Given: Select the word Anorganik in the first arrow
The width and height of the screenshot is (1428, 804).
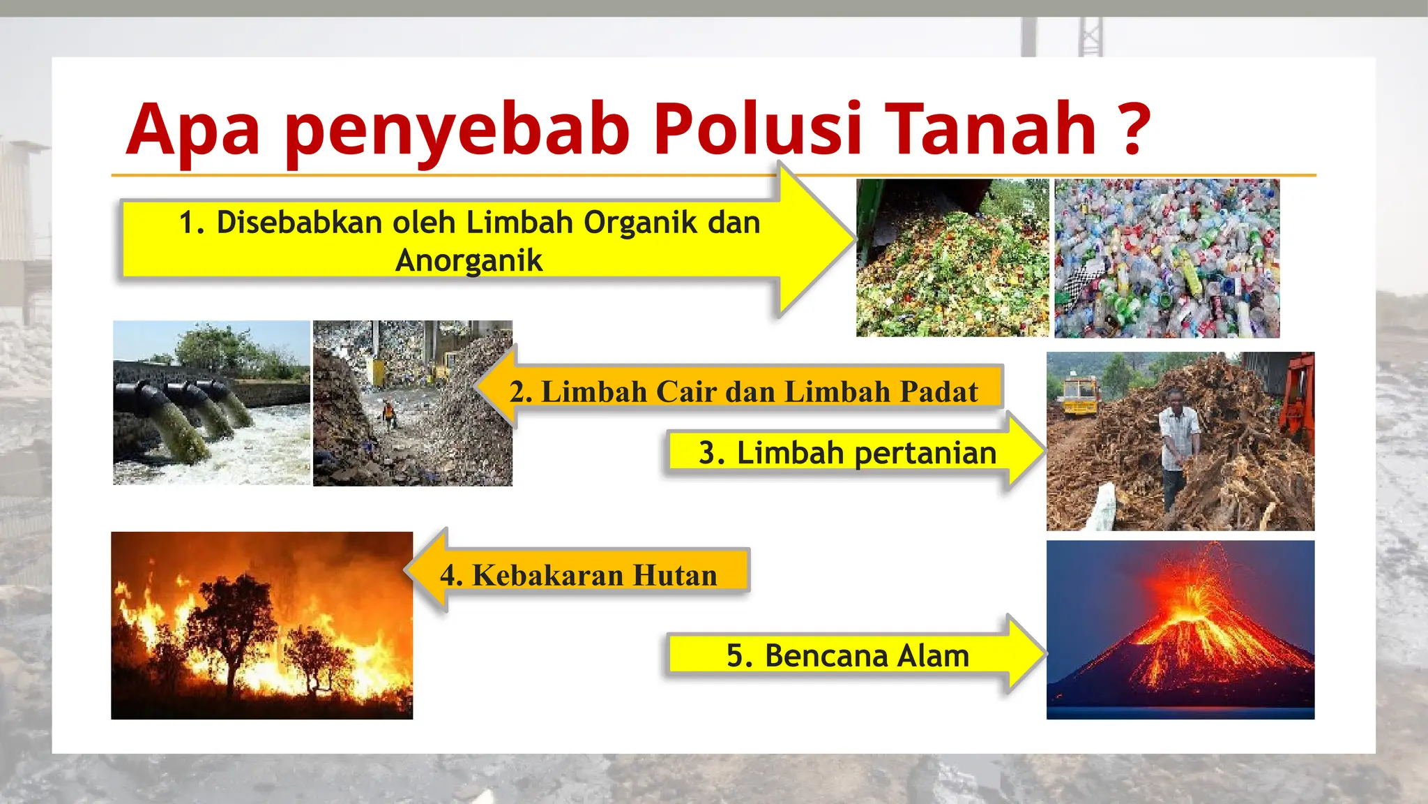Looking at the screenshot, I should pyautogui.click(x=469, y=260).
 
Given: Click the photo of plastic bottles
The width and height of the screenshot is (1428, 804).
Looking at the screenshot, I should pyautogui.click(x=1167, y=258).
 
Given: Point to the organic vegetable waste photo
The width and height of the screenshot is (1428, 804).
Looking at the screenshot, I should pyautogui.click(x=952, y=258).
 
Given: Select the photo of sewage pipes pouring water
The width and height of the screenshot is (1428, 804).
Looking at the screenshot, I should pyautogui.click(x=211, y=403).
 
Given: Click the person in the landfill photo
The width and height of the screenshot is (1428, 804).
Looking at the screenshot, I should pyautogui.click(x=389, y=414).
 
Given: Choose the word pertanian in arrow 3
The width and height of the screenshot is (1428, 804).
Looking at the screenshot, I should pyautogui.click(x=925, y=453).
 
